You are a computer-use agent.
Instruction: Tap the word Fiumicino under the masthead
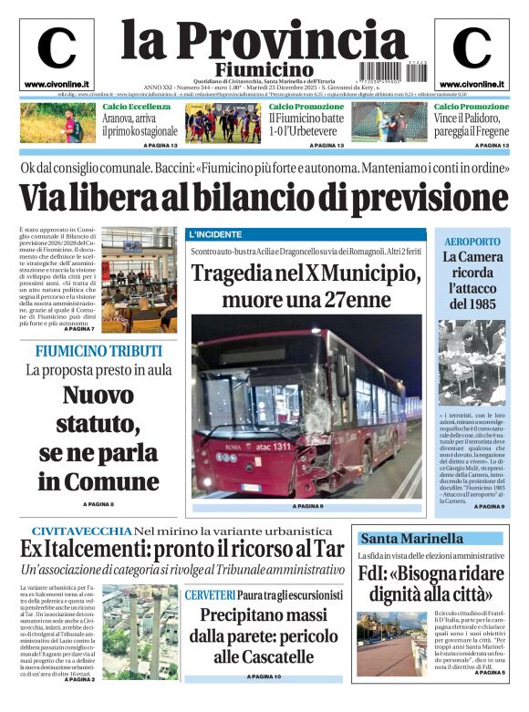(x=264, y=70)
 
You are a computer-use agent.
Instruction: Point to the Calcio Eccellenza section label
(x=136, y=107)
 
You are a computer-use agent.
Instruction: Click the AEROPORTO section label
(x=472, y=241)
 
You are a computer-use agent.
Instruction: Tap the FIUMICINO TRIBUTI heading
(x=99, y=351)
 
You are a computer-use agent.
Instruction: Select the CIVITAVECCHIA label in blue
(x=80, y=531)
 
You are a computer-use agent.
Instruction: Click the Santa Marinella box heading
(x=410, y=538)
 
